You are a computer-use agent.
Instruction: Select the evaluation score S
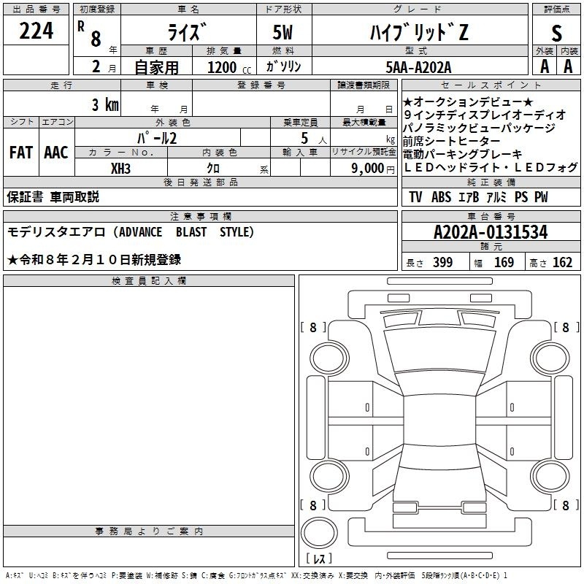point(556,32)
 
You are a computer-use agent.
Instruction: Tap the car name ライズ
point(185,31)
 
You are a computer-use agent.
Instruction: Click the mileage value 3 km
point(105,104)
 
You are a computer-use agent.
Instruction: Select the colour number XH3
point(121,169)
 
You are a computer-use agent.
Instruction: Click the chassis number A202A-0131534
point(490,233)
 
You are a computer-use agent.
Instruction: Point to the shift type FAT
point(20,153)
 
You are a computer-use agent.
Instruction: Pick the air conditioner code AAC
point(55,153)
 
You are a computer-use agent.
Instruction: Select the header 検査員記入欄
point(149,281)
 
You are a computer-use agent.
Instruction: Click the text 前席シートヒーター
point(452,142)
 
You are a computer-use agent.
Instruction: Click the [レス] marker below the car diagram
point(319,559)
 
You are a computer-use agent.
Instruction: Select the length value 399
point(442,263)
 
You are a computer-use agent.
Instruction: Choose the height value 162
point(562,263)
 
